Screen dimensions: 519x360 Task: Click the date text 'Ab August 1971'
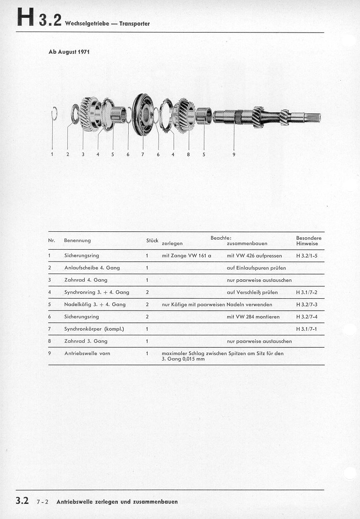tap(69, 52)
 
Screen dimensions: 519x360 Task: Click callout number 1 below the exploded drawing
tap(52, 154)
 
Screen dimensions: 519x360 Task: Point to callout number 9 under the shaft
tap(234, 154)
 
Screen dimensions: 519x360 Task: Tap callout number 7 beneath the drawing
tap(142, 154)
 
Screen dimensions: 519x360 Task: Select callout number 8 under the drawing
tap(188, 154)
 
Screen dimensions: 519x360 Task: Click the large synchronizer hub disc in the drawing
tap(142, 114)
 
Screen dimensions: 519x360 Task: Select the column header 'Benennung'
tap(77, 240)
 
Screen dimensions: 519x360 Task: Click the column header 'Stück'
tap(152, 240)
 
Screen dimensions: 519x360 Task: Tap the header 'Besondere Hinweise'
tap(309, 241)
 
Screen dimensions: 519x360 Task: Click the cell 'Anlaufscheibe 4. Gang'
tap(92, 268)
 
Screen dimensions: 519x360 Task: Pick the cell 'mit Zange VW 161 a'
tap(186, 256)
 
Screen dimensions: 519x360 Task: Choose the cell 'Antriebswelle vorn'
tap(87, 353)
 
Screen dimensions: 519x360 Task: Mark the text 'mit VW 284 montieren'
tap(253, 317)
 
